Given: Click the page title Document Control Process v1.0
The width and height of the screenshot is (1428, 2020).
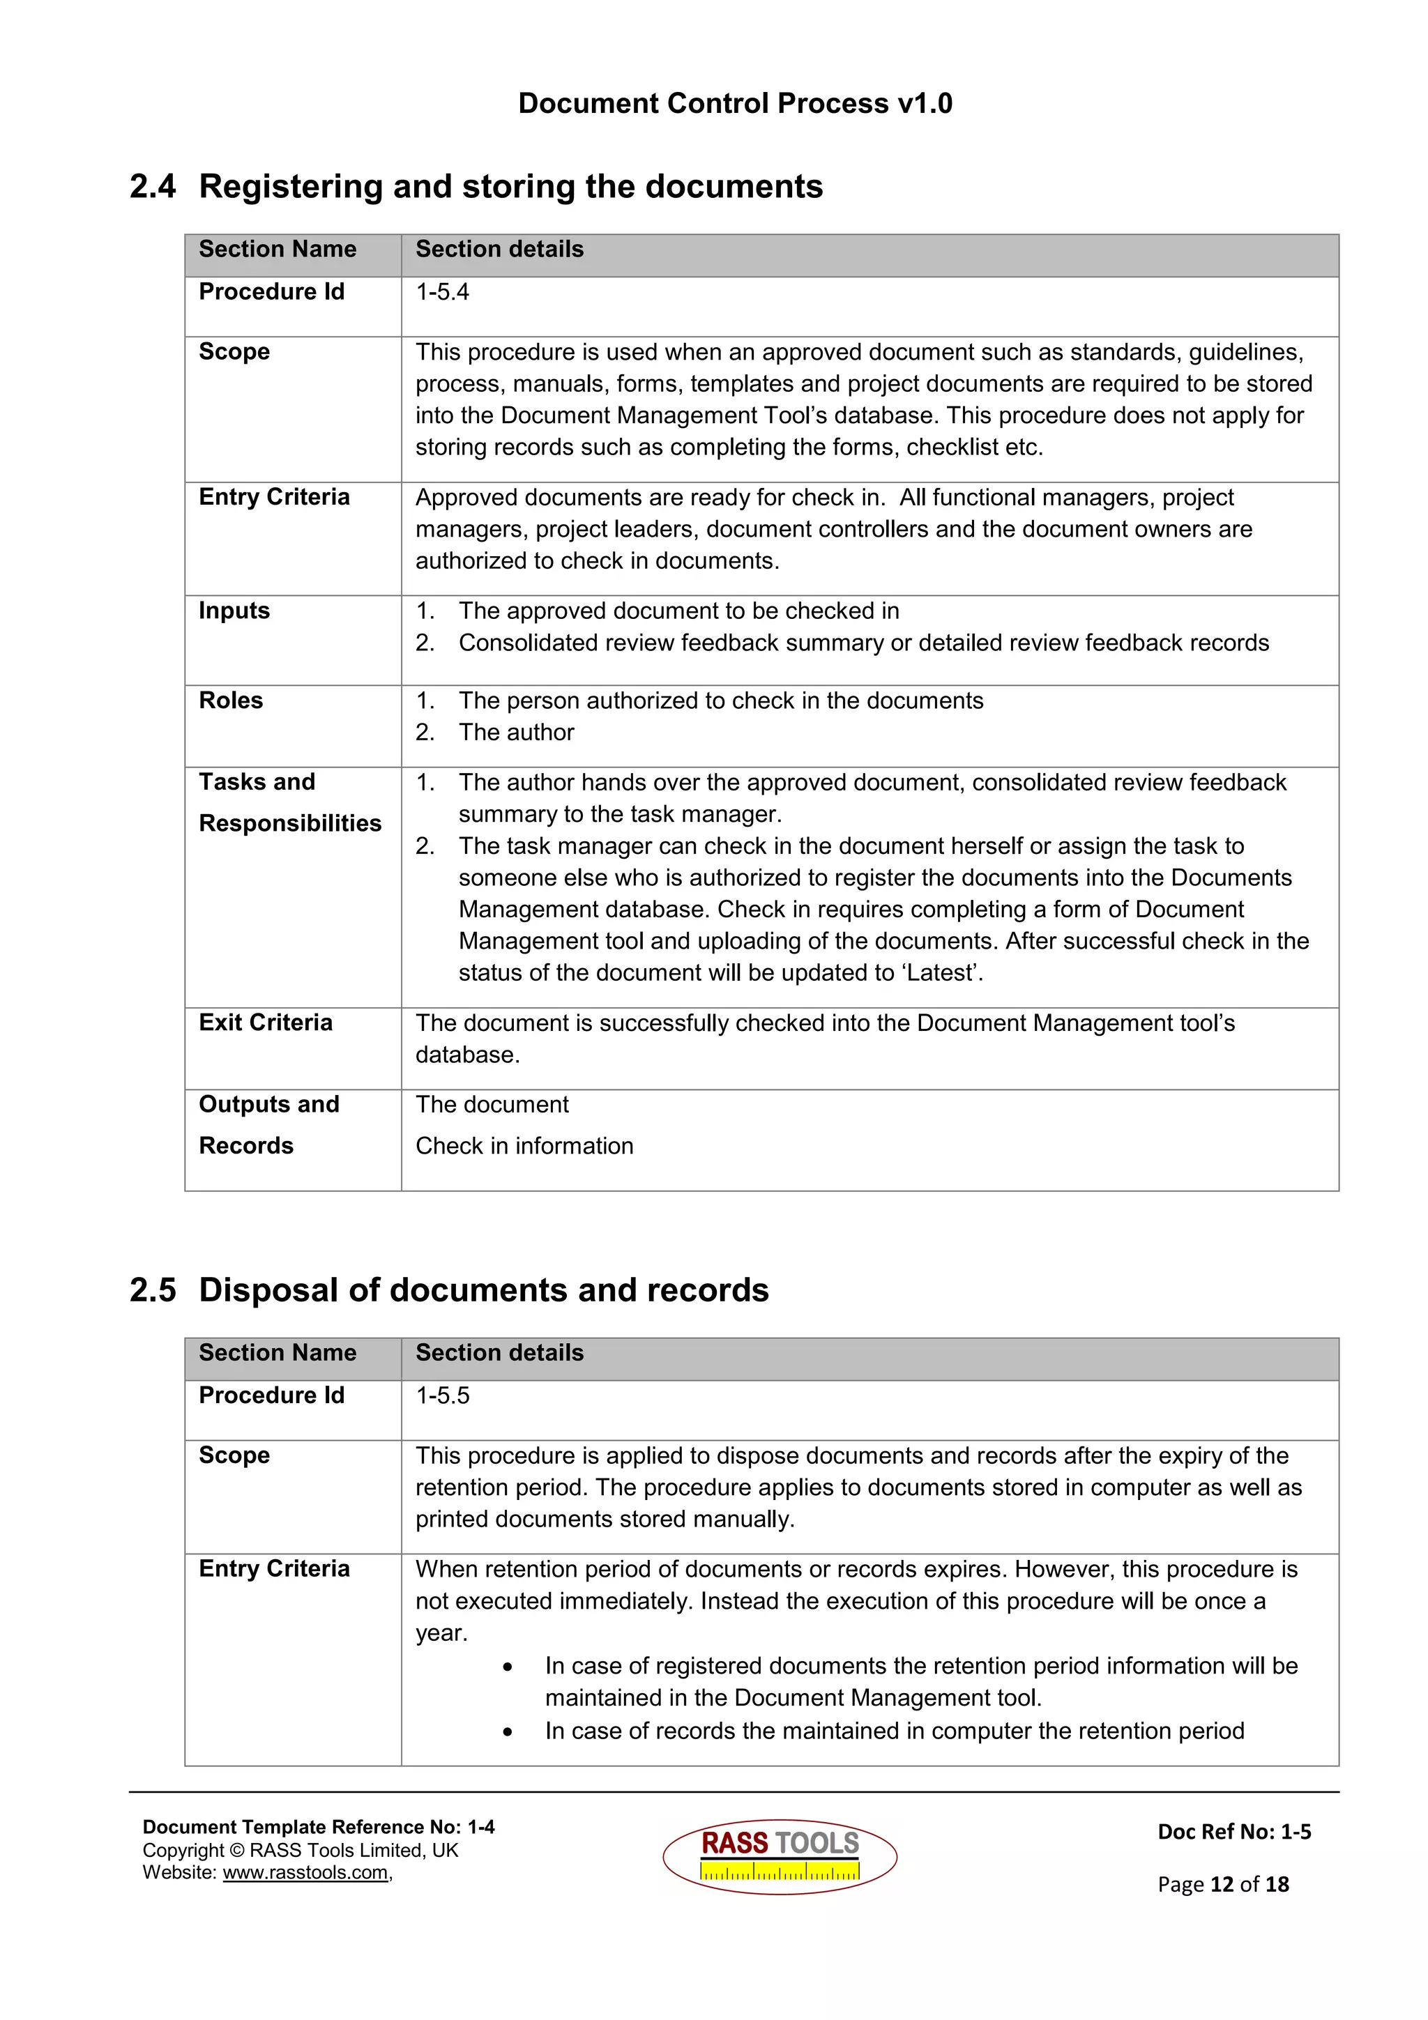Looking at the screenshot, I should pyautogui.click(x=735, y=104).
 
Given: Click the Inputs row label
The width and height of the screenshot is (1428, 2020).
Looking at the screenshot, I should pyautogui.click(x=234, y=611).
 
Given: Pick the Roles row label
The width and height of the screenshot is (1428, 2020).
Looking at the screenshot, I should pyautogui.click(x=231, y=701).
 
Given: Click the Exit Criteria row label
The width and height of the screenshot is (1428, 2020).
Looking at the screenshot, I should pyautogui.click(x=265, y=1023).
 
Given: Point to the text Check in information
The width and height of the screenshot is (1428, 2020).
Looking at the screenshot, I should pyautogui.click(x=524, y=1145).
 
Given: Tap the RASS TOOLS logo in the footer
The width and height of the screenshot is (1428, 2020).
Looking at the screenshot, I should pyautogui.click(x=780, y=1856).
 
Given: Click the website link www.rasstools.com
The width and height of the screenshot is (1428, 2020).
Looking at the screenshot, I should pyautogui.click(x=305, y=1872).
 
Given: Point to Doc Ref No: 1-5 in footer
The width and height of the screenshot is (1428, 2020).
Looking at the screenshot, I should pyautogui.click(x=1233, y=1832).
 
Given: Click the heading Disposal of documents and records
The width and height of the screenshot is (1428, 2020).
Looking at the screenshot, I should pyautogui.click(x=483, y=1290).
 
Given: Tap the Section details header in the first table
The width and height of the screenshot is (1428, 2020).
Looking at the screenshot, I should pyautogui.click(x=499, y=249).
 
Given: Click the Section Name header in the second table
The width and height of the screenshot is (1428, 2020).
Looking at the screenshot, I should pyautogui.click(x=277, y=1352).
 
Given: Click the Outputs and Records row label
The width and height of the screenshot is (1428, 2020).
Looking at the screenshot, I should pyautogui.click(x=268, y=1124).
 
